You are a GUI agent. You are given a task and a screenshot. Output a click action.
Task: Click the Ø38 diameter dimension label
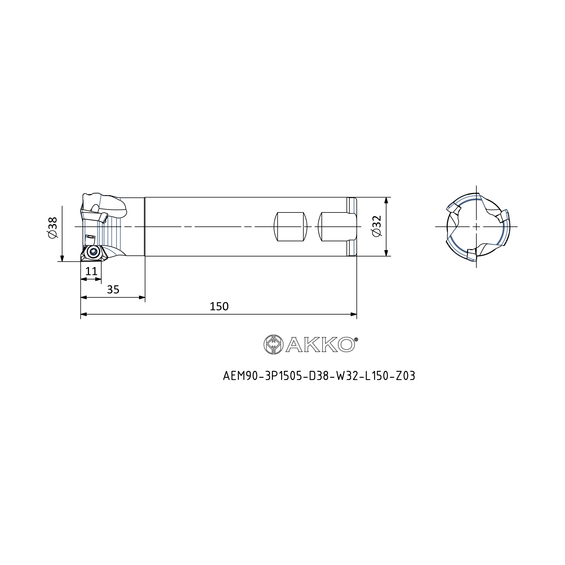[53, 228]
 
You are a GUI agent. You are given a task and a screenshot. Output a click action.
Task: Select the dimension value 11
[91, 271]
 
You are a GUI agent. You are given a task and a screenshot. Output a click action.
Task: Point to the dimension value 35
[113, 290]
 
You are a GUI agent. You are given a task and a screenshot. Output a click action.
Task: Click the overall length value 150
[219, 306]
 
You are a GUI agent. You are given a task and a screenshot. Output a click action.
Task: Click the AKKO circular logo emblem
[273, 344]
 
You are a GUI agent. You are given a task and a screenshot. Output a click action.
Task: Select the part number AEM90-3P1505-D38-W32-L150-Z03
[319, 376]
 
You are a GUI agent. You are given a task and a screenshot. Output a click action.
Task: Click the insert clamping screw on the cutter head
[93, 251]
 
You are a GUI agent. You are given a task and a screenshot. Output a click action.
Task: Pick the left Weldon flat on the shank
[290, 227]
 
